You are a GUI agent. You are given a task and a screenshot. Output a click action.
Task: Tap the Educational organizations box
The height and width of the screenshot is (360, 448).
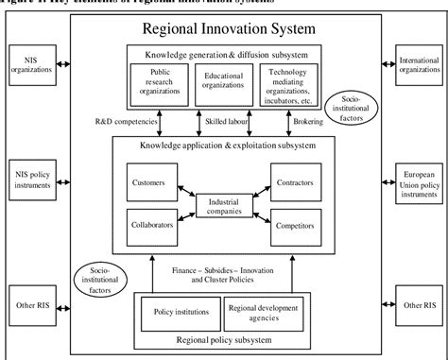pos(223,82)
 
